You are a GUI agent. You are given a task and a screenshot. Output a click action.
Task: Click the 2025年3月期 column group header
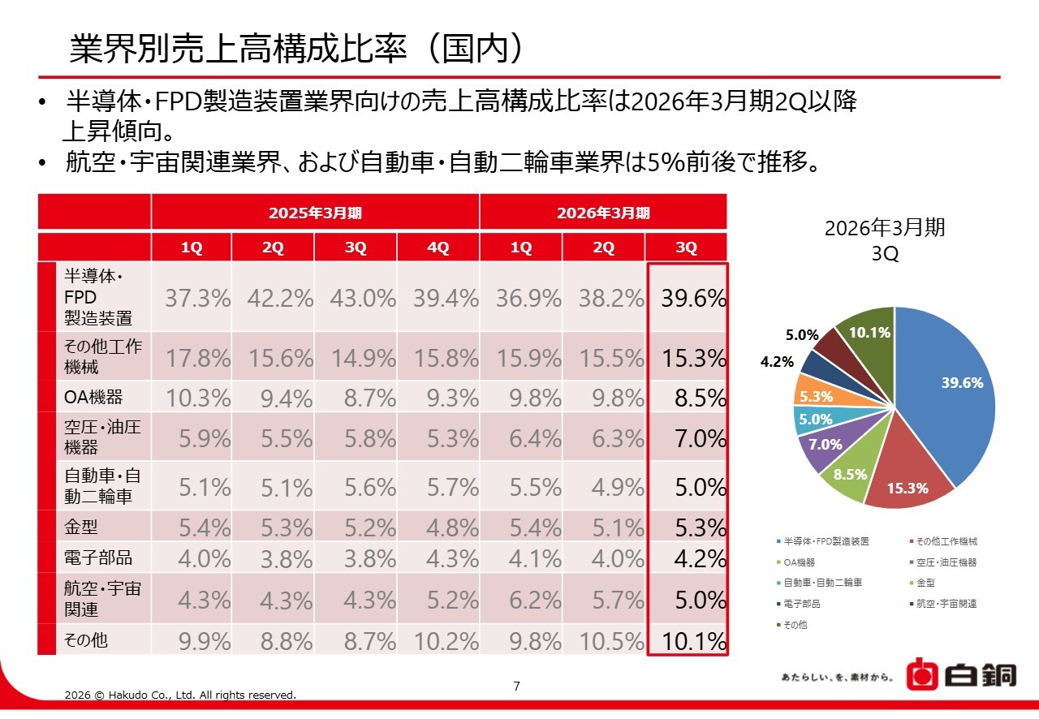pos(315,213)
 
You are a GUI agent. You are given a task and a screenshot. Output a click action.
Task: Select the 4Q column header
pos(438,248)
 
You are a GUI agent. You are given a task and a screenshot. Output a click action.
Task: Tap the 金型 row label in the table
pos(81,527)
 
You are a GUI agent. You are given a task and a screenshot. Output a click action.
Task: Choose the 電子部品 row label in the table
pos(98,558)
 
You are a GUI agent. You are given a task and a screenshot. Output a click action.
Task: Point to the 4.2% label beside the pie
pos(777,363)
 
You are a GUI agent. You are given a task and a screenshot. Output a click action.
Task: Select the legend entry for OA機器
pos(800,562)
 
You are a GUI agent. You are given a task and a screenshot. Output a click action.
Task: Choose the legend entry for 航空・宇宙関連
pos(945,604)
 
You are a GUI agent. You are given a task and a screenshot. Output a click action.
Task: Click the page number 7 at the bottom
pos(517,687)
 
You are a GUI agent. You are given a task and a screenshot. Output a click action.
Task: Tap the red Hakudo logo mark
pos(921,675)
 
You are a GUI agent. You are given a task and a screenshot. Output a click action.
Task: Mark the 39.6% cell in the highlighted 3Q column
pos(693,299)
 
